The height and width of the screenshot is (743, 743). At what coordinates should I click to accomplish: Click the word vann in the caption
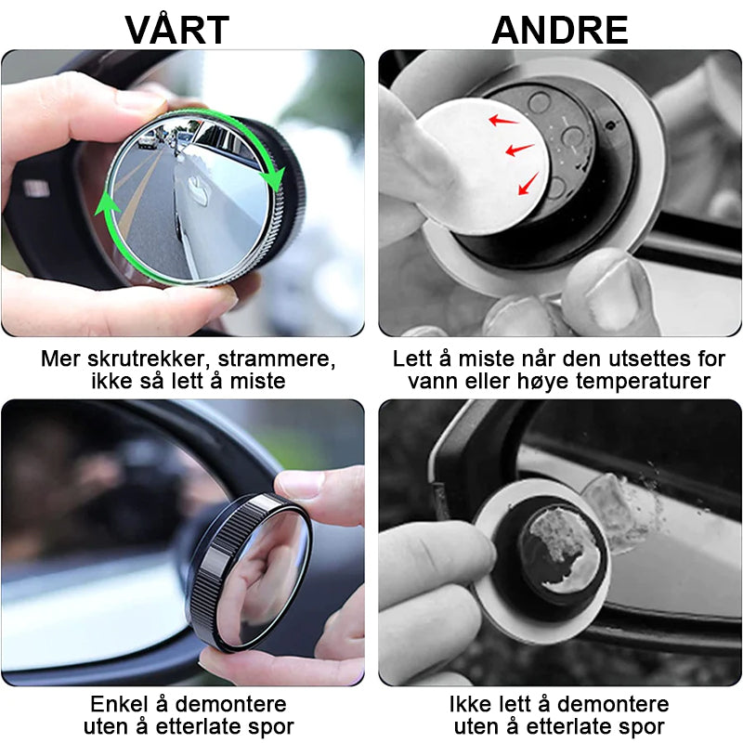pos(431,381)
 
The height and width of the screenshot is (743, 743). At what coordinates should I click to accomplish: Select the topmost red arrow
pos(504,119)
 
